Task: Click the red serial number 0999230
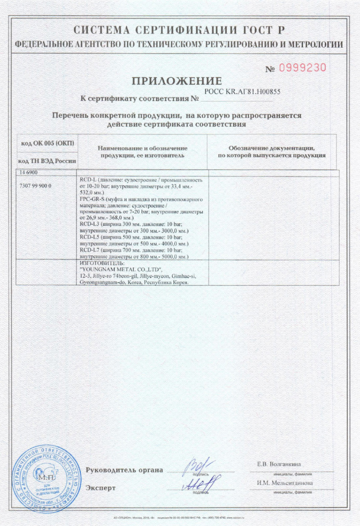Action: pos(302,68)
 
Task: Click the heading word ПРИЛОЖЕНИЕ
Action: pos(176,81)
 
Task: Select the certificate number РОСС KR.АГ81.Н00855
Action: pos(242,91)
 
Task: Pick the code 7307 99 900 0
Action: pos(35,186)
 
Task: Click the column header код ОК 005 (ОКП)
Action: pos(47,143)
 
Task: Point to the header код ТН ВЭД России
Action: pos(47,161)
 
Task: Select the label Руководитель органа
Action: pos(124,470)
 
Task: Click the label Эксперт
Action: pos(101,488)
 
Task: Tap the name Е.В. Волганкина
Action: pos(279,464)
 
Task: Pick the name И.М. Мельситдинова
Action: pos(285,483)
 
